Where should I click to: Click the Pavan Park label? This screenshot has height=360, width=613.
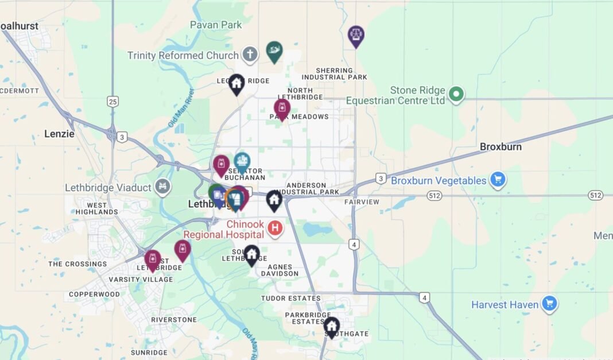(216, 25)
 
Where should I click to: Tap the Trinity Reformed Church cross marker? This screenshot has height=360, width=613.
(249, 55)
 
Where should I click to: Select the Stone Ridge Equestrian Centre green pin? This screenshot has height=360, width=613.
(456, 94)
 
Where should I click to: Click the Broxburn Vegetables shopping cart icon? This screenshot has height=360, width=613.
(497, 180)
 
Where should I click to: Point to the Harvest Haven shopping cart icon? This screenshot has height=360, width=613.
(550, 304)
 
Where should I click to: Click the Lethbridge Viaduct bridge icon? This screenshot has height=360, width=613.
(163, 187)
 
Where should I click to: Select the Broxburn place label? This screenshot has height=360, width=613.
(501, 147)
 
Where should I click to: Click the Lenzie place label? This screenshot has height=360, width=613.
(59, 134)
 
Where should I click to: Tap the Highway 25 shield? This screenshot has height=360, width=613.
(112, 102)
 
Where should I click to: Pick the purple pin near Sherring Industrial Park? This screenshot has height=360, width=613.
(356, 35)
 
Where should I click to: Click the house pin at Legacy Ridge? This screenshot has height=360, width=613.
(236, 83)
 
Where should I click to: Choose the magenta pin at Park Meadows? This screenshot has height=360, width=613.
(281, 108)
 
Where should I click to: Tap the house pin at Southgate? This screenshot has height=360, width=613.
(331, 326)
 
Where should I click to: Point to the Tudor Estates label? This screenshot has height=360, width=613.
(290, 299)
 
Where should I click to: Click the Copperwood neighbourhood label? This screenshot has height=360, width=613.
(94, 295)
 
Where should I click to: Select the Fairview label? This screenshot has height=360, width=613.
(362, 202)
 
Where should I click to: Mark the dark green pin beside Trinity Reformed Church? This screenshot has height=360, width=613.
(274, 51)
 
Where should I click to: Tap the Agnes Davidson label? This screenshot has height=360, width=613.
(280, 270)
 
